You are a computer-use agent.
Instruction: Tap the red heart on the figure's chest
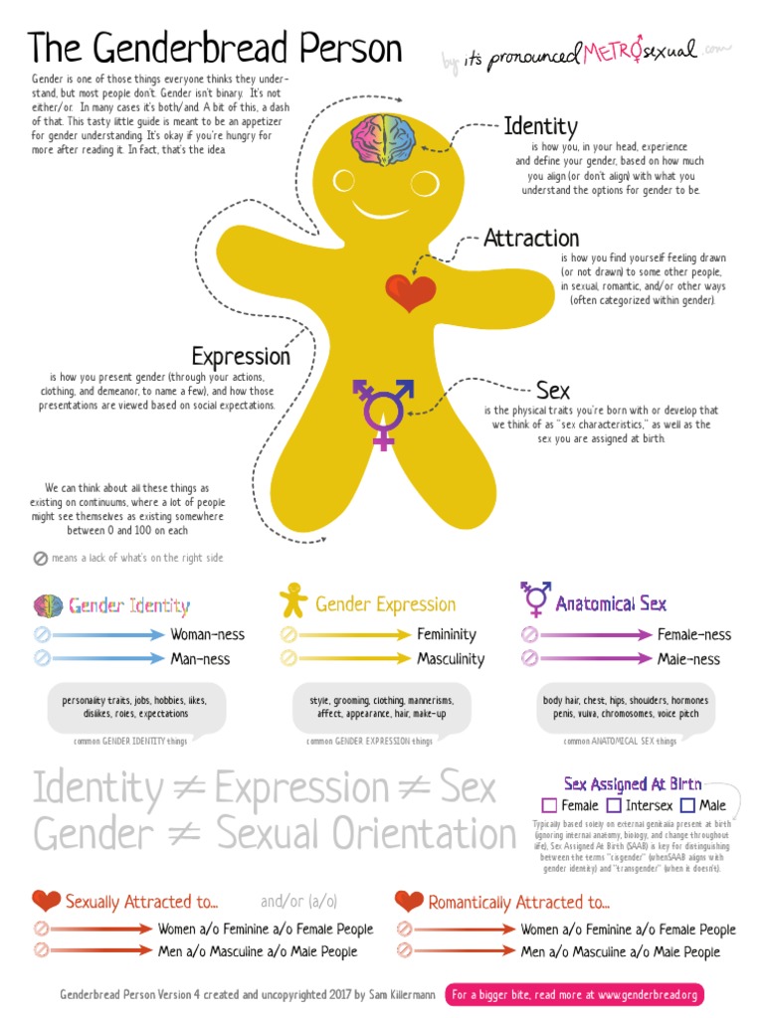pyautogui.click(x=411, y=292)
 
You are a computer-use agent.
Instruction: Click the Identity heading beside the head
pyautogui.click(x=540, y=126)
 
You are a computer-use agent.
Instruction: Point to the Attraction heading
pyautogui.click(x=531, y=239)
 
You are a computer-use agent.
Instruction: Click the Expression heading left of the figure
pyautogui.click(x=241, y=356)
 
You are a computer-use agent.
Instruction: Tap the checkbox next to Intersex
pyautogui.click(x=614, y=805)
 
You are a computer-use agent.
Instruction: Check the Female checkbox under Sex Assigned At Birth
pyautogui.click(x=549, y=805)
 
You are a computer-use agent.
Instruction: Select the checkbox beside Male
pyautogui.click(x=687, y=805)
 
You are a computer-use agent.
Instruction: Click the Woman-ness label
pyautogui.click(x=207, y=634)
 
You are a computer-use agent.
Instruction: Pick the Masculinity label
pyautogui.click(x=451, y=659)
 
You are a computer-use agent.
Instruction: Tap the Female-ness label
pyautogui.click(x=693, y=634)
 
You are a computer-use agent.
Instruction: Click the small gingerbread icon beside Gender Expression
pyautogui.click(x=292, y=600)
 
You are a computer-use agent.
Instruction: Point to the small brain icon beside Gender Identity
pyautogui.click(x=49, y=604)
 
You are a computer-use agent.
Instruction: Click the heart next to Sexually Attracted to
pyautogui.click(x=46, y=901)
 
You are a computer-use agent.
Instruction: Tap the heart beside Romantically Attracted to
pyautogui.click(x=409, y=901)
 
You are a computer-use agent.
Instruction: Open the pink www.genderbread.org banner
pyautogui.click(x=574, y=994)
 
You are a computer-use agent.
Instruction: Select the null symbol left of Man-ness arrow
pyautogui.click(x=42, y=658)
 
